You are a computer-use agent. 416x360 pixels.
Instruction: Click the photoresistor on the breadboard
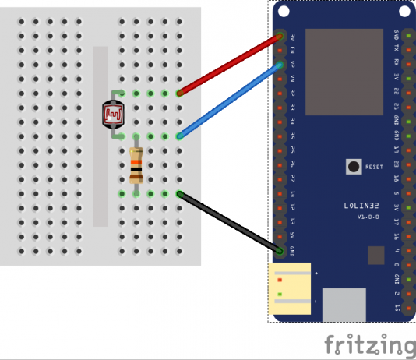point(115,114)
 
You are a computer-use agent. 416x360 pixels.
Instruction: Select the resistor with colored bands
point(136,164)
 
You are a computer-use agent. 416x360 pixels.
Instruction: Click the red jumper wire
point(229,65)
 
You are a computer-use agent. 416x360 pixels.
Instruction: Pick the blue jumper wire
point(229,101)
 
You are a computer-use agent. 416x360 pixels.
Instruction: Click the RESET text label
point(374,167)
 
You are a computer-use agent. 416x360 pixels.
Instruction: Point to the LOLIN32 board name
point(361,206)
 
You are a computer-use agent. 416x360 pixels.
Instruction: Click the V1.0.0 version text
point(367,216)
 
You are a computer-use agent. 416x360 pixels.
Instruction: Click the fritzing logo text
point(369,344)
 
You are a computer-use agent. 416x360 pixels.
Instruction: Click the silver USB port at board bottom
point(344,304)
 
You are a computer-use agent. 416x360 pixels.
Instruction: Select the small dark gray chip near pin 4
point(376,256)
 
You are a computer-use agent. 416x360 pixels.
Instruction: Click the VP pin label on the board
point(291,65)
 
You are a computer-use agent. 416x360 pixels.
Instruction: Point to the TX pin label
point(397,50)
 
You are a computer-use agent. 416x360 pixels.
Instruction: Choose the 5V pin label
point(291,236)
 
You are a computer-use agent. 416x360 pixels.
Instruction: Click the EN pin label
point(291,51)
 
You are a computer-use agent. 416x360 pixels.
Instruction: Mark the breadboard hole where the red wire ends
point(179,94)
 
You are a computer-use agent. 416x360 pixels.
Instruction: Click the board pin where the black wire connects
point(280,251)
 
